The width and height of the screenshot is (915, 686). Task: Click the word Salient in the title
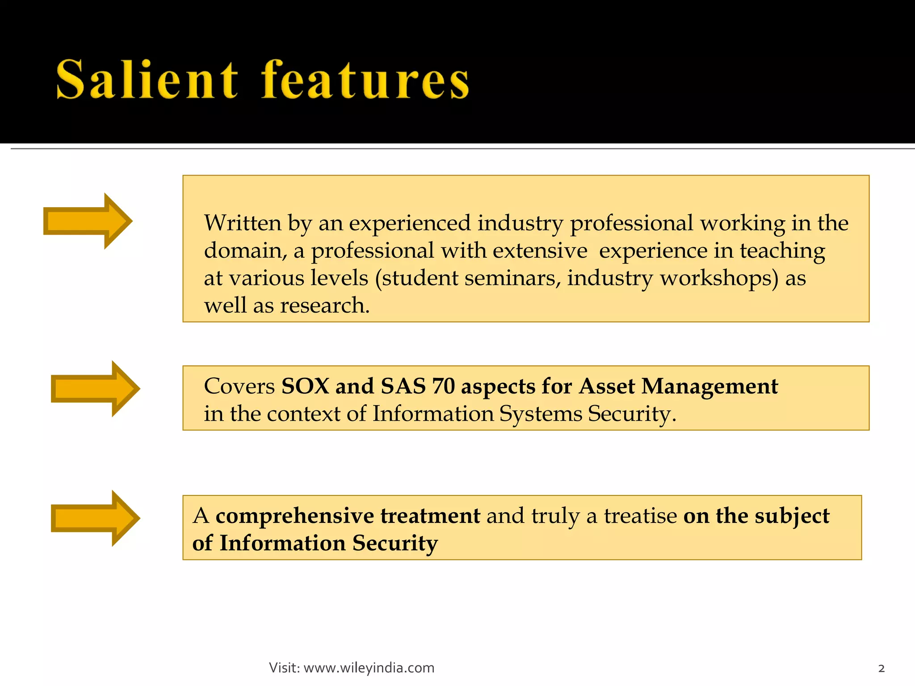(x=147, y=80)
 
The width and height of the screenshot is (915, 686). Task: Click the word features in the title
(x=365, y=80)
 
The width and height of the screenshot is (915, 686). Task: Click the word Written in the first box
(x=243, y=223)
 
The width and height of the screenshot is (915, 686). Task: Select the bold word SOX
(x=305, y=386)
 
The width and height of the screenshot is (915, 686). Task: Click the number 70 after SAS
(x=443, y=386)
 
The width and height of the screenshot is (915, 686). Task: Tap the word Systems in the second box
(x=541, y=414)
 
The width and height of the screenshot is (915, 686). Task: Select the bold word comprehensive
(x=294, y=516)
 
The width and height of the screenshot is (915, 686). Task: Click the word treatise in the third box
(x=640, y=516)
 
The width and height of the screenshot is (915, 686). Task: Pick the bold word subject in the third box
(x=792, y=516)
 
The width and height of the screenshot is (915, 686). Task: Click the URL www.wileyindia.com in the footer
(x=369, y=668)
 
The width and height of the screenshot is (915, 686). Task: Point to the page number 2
(x=881, y=669)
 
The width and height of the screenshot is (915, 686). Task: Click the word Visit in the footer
(x=284, y=668)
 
